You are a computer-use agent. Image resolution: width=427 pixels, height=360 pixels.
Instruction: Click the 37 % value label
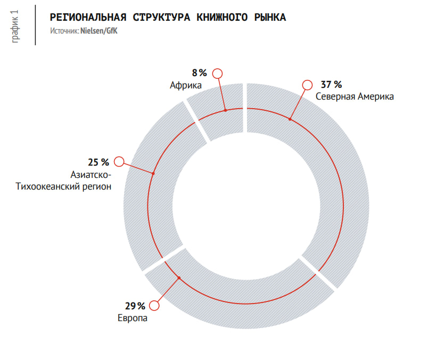point(331,85)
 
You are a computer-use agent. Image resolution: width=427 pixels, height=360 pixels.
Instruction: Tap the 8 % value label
point(199,73)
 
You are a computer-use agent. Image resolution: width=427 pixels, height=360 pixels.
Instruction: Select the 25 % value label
point(98,162)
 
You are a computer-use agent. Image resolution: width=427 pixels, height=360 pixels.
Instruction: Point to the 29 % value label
point(135,306)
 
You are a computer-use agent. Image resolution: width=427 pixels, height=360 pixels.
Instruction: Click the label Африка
point(186,85)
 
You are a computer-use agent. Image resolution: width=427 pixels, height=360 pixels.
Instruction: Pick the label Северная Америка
point(355,97)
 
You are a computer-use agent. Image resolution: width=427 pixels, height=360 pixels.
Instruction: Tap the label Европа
point(133,318)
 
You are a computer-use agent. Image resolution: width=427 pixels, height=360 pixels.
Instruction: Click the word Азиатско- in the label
point(91,175)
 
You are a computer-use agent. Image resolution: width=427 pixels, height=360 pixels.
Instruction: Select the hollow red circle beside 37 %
point(307,85)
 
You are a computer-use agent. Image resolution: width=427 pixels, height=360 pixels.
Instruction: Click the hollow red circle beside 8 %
point(217,73)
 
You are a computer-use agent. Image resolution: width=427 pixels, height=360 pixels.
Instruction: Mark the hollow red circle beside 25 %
point(119,161)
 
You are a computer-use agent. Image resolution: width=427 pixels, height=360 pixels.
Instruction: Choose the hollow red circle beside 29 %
point(154,306)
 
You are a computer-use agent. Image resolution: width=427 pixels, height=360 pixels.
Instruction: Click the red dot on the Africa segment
point(226,110)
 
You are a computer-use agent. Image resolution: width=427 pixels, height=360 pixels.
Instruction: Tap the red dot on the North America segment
point(290,119)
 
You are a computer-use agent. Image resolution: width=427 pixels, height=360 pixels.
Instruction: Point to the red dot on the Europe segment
point(179,278)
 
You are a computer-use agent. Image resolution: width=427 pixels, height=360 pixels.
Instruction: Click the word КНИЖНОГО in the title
point(222,18)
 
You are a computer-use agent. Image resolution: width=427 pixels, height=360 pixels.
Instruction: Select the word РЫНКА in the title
point(270,18)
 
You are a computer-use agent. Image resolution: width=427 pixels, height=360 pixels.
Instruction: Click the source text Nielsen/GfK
point(99,31)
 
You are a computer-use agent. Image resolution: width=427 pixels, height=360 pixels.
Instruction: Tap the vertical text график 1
point(15,27)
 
